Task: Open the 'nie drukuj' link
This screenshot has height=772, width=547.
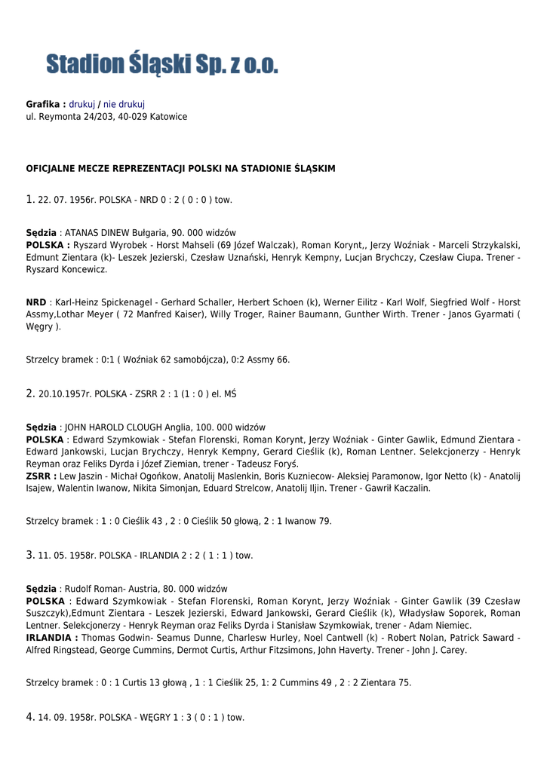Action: coord(124,104)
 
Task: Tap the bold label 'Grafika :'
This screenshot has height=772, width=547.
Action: coord(45,104)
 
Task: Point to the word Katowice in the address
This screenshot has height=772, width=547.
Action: coord(168,117)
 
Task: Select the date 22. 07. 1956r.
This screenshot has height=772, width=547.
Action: coord(67,200)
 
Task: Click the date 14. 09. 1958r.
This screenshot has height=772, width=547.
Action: coord(67,718)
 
